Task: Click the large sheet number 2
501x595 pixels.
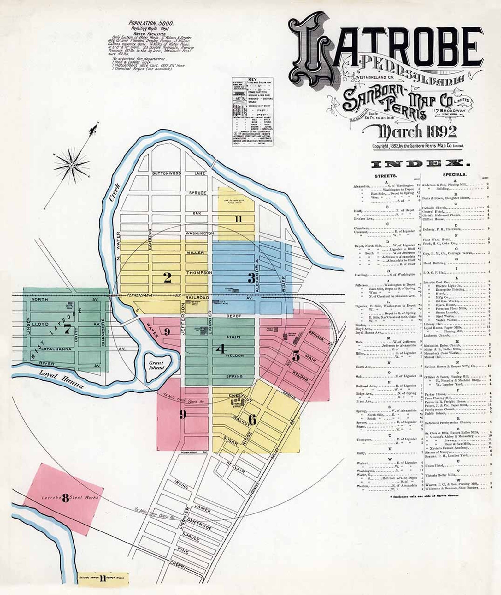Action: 167,278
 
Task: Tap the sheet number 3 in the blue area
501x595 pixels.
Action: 251,278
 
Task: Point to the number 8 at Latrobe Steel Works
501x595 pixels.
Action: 65,499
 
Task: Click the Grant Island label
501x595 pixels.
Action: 156,365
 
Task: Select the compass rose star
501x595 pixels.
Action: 72,165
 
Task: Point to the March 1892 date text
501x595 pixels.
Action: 417,132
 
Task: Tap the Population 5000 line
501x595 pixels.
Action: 151,23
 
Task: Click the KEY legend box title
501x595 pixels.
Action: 252,79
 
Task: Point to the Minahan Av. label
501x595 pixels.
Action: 193,452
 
